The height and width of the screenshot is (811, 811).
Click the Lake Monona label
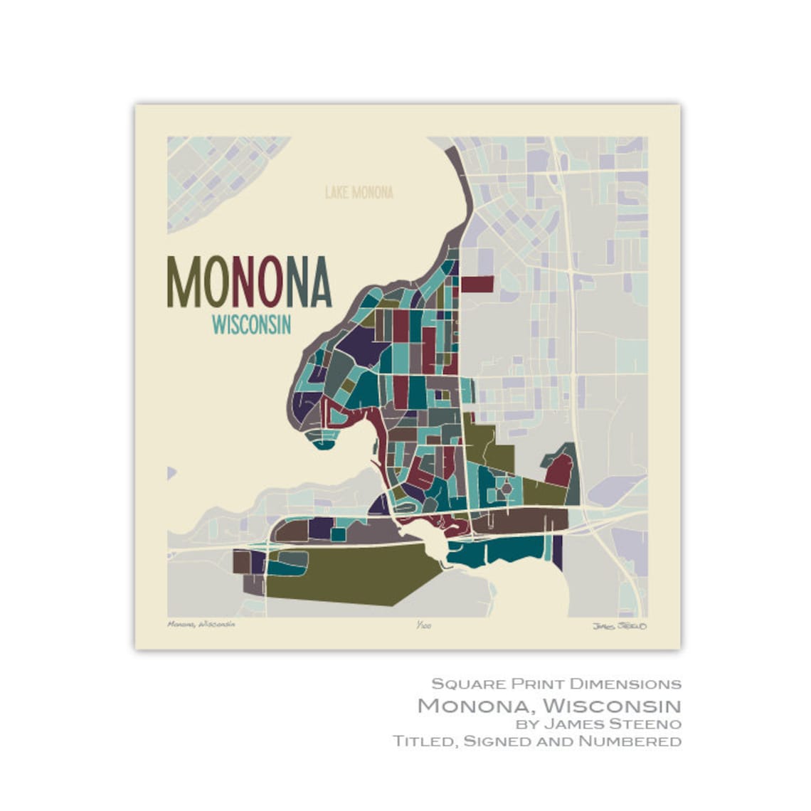(359, 192)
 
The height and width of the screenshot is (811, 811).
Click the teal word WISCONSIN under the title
(251, 325)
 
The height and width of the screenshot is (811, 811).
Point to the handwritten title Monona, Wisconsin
(201, 624)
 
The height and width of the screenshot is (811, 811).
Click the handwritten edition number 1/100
(424, 625)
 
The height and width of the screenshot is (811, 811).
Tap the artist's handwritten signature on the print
(619, 626)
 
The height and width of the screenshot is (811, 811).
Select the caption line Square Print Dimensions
(556, 684)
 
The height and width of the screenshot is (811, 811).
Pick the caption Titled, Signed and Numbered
(536, 741)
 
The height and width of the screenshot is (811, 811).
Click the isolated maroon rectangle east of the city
(477, 285)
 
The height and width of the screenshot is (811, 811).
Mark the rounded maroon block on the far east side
(560, 470)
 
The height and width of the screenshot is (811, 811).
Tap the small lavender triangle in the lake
(171, 472)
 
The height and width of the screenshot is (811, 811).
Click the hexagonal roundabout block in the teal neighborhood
(505, 489)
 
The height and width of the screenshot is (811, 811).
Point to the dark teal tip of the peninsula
(324, 445)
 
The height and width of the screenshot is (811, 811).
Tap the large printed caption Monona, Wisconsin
(548, 705)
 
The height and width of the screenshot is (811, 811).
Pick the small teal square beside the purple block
(338, 534)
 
